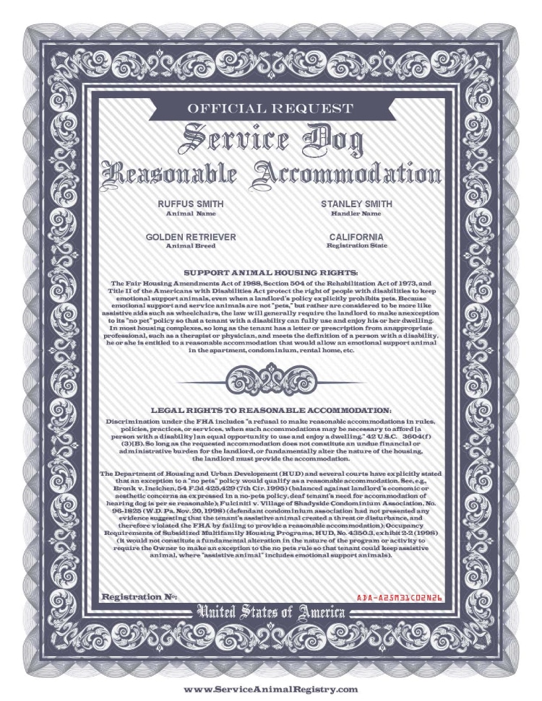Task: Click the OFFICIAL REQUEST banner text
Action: coord(271,110)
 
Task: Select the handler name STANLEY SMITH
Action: coord(356,204)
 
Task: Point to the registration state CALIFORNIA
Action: coord(356,237)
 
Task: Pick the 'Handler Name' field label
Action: coord(356,214)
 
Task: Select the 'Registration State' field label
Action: coord(356,245)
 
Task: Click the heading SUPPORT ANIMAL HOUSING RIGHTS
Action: coord(271,272)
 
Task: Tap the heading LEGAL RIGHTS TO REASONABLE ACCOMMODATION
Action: coord(271,409)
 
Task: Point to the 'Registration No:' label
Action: coord(139,597)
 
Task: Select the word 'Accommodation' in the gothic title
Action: coord(348,173)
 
